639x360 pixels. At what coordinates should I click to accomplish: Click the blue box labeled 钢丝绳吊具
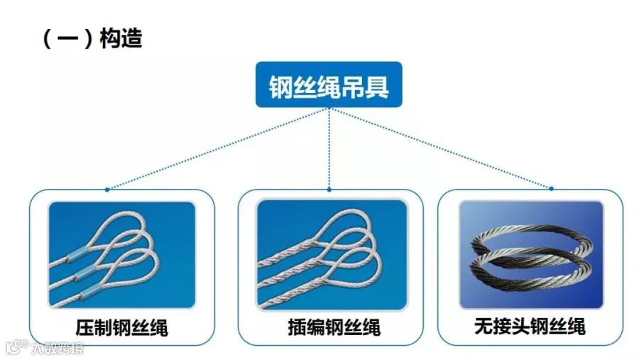pos(329,84)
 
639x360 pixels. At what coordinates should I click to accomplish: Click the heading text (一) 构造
pos(93,38)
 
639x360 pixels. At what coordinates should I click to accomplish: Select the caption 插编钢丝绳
pos(334,327)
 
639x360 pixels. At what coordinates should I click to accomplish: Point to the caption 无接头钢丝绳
pos(530,327)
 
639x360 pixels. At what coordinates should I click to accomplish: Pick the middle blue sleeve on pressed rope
pos(84,273)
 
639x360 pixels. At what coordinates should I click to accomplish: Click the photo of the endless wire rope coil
pos(531,254)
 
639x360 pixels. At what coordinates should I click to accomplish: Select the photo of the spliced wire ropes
pos(332,254)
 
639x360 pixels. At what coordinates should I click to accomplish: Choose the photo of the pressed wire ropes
pos(122,254)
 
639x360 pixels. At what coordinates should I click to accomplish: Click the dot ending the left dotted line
pos(107,190)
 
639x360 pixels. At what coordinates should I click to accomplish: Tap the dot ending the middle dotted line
pos(329,190)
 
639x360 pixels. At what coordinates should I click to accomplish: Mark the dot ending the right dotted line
pos(551,189)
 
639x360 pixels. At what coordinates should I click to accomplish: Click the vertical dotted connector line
pos(329,148)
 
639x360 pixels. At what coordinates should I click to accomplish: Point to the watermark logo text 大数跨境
pos(58,349)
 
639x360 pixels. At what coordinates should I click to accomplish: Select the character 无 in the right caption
pos(484,327)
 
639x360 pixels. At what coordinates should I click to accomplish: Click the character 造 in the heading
pos(131,38)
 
